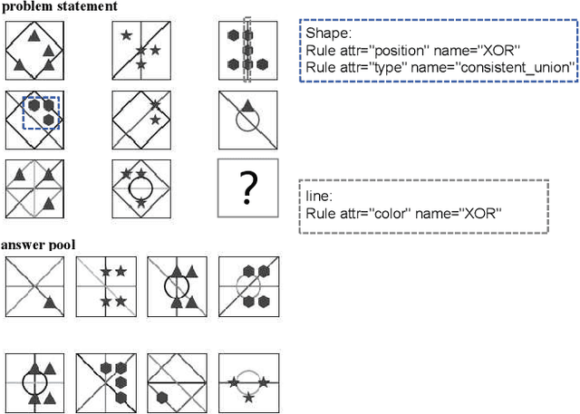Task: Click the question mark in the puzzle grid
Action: click(246, 188)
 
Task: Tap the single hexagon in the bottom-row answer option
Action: click(163, 396)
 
